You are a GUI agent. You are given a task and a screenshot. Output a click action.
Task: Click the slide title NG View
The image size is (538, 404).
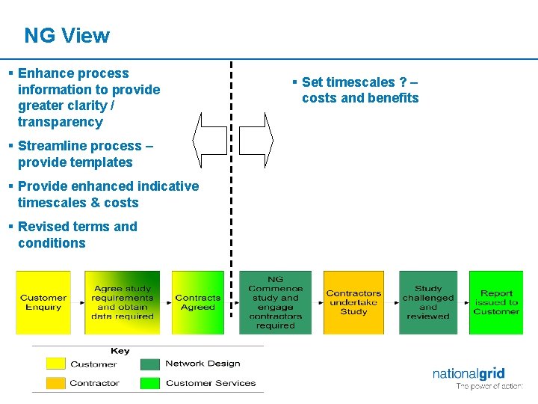coord(67,35)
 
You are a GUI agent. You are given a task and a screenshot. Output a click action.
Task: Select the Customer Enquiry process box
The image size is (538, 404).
coord(43,302)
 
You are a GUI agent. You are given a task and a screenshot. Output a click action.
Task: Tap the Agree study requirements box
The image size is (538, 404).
coord(122,302)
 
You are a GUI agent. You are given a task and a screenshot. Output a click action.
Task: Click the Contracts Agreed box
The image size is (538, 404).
coord(197,302)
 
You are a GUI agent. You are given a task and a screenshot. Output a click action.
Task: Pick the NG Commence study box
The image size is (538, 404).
coord(275,302)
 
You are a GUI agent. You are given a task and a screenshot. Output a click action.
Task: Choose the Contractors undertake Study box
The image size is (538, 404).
coord(353,302)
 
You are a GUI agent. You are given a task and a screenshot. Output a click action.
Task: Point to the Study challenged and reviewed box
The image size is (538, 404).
coord(428,302)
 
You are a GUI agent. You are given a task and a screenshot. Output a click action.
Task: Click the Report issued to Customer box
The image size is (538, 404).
coord(496,302)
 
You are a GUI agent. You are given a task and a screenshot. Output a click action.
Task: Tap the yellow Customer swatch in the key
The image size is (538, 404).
coord(56,364)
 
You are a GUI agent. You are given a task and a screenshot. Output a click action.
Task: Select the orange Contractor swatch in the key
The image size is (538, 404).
coord(56,383)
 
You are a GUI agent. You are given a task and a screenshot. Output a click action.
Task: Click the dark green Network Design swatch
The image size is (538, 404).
coord(150,364)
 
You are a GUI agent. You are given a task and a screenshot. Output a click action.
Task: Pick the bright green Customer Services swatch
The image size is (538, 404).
coord(150,383)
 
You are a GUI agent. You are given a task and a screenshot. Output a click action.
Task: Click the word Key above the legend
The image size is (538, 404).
coord(120,351)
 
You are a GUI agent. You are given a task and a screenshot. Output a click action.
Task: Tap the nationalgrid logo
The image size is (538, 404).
coord(469,374)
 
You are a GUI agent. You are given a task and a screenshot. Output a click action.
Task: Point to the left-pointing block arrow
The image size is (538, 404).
coord(209,140)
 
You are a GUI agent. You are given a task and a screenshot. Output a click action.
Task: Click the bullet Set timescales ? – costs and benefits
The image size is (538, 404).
coord(359,90)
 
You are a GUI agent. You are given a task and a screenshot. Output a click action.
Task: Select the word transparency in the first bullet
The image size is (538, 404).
coord(60,122)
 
